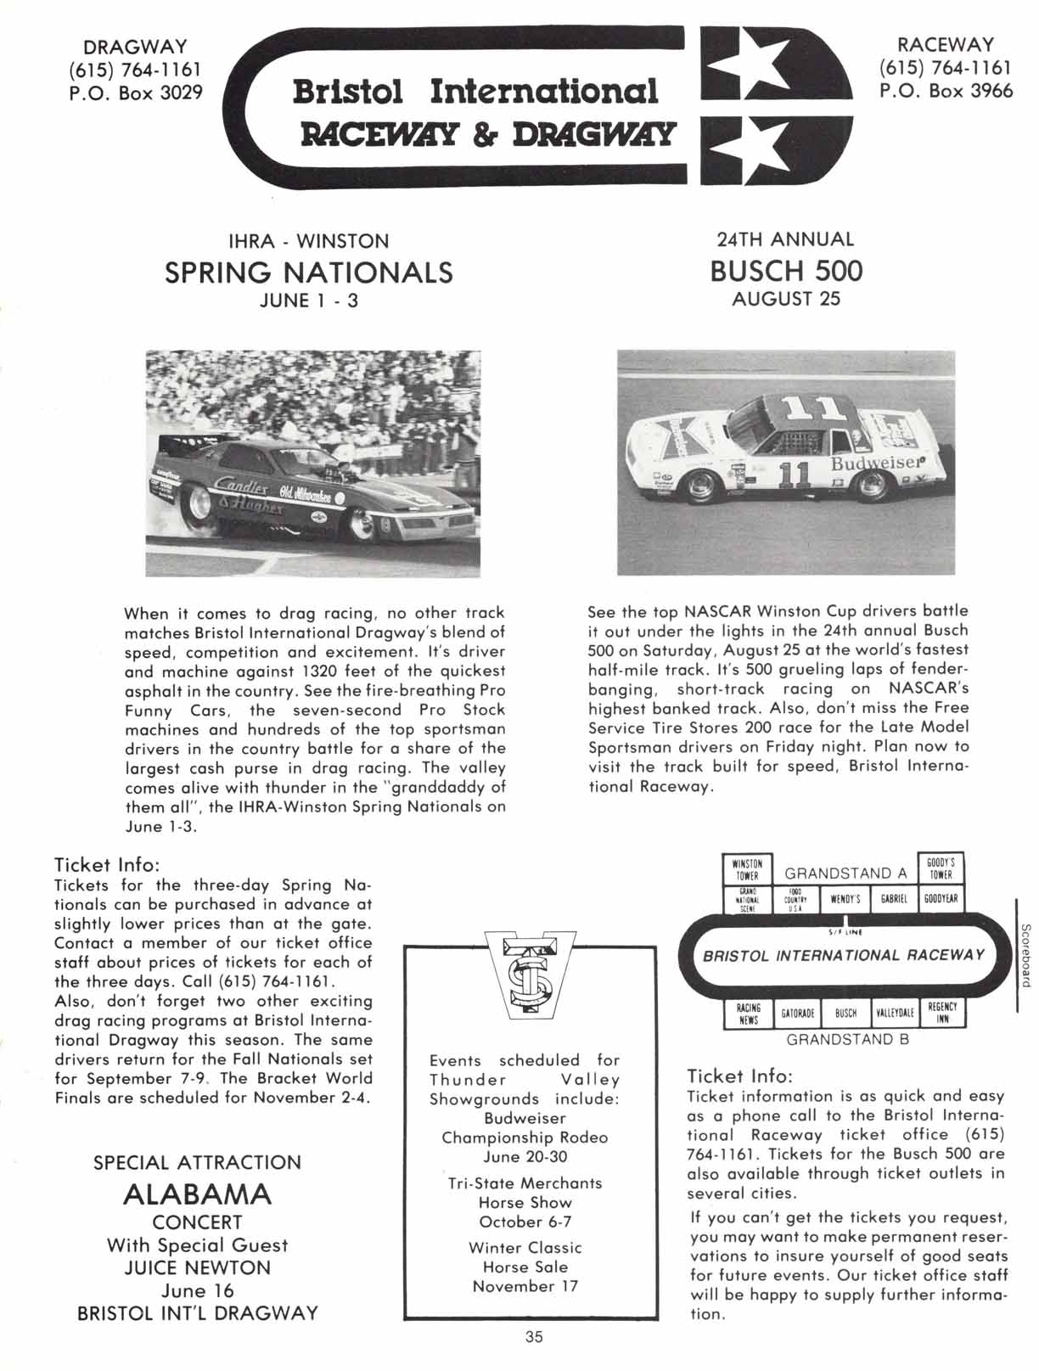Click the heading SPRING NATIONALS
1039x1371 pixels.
(308, 273)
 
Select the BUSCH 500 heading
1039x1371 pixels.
(786, 271)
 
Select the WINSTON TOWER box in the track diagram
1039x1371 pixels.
(747, 869)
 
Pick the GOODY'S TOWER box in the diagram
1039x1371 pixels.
(941, 869)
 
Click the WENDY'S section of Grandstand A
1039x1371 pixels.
(845, 898)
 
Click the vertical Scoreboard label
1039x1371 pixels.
(1025, 955)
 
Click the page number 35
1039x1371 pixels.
(533, 1337)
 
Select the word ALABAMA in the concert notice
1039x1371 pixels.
(197, 1194)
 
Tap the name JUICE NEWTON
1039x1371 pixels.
(197, 1267)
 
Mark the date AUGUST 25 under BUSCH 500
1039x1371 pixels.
(786, 299)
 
